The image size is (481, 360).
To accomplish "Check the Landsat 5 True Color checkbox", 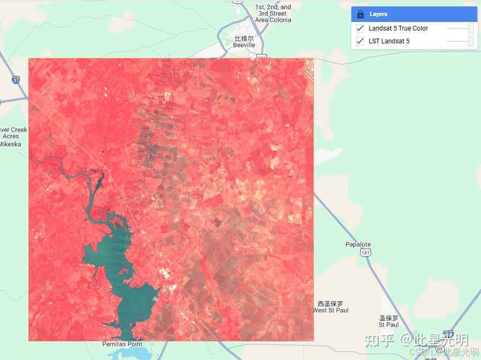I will click(360, 28).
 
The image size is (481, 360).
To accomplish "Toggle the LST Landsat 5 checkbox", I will click(360, 41).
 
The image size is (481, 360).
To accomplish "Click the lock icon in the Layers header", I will click(360, 14).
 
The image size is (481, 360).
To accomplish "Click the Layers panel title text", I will click(378, 14).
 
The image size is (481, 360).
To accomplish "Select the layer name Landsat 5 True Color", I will click(398, 28).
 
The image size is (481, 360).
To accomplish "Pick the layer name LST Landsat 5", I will click(389, 41).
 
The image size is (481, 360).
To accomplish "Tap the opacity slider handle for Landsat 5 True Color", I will click(470, 28).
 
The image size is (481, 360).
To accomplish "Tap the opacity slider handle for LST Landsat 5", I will click(470, 41).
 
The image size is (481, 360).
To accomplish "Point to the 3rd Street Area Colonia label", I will click(273, 14).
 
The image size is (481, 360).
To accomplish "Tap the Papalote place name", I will click(358, 244).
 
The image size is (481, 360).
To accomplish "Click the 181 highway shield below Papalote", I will click(365, 253).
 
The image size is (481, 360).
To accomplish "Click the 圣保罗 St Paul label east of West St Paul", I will click(389, 321).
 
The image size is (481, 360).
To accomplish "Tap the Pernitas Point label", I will click(123, 344).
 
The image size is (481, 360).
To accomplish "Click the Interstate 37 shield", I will click(16, 80).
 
